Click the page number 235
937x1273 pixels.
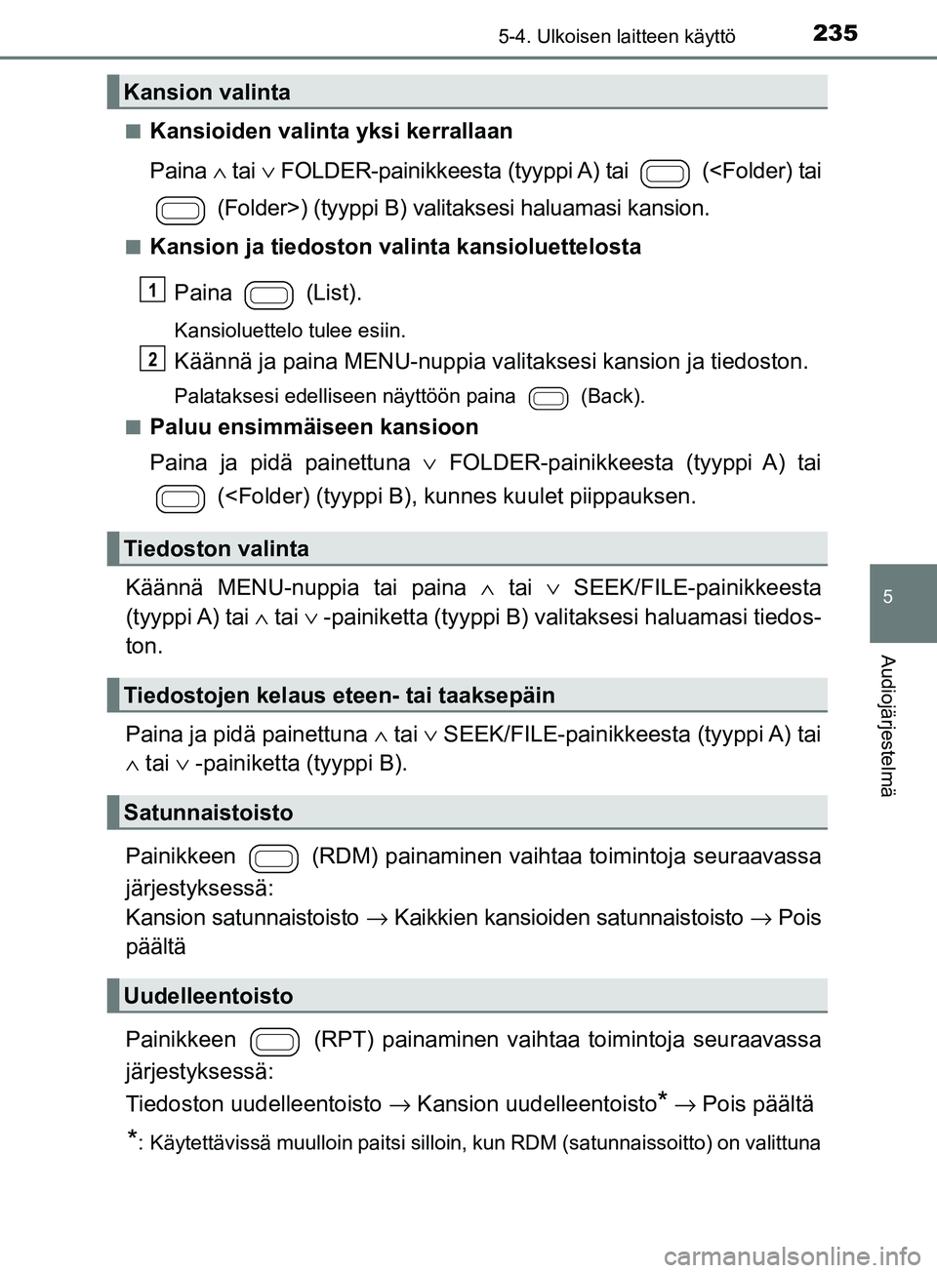coord(835,33)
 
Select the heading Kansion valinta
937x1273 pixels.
coord(207,93)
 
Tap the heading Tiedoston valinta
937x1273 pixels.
coord(216,549)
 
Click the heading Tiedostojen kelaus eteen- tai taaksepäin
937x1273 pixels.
coord(339,696)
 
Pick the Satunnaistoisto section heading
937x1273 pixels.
coord(208,813)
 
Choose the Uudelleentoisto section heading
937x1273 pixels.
coord(208,996)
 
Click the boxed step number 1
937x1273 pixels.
coord(152,289)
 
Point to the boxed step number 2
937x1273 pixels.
coord(152,358)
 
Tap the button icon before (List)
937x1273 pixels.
coord(269,295)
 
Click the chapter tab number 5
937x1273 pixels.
coord(887,597)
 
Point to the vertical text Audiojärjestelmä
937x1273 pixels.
coord(886,726)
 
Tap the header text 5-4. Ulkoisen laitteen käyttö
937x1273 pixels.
coord(616,37)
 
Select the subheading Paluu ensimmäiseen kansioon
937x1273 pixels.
coord(313,427)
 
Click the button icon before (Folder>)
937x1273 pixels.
coord(181,210)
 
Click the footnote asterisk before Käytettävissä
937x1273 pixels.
coord(132,1137)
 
